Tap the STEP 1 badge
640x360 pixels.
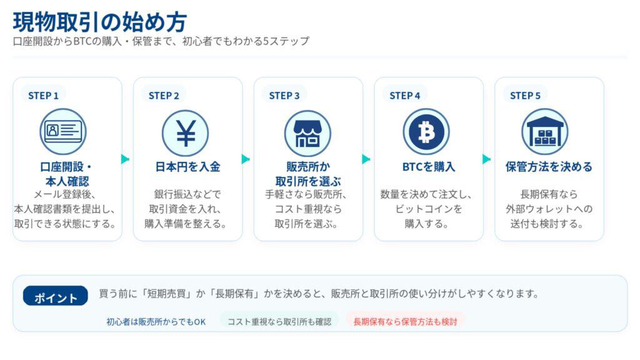[x=43, y=96]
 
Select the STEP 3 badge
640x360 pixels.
[x=284, y=96]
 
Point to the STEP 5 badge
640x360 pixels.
[x=525, y=96]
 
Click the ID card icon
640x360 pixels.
[x=63, y=132]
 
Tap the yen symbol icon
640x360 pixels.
[x=185, y=132]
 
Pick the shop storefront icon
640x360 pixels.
[x=307, y=132]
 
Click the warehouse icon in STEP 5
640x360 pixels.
[x=545, y=132]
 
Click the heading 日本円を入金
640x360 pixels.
[x=187, y=167]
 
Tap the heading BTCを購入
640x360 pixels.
[x=428, y=167]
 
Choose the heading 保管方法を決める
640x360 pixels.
[x=549, y=167]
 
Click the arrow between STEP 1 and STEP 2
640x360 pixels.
[x=126, y=159]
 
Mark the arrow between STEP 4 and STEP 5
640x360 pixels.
[x=486, y=159]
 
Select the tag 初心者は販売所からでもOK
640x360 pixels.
[x=156, y=322]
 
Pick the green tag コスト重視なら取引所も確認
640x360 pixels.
[x=279, y=322]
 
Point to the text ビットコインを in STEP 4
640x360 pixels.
[x=428, y=209]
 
